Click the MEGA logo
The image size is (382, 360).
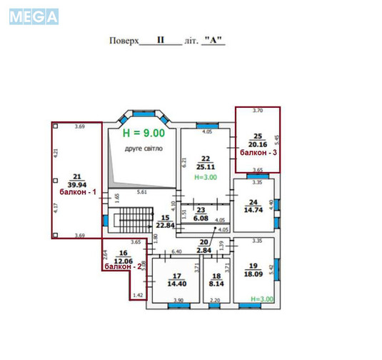[x=34, y=17]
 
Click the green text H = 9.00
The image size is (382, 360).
[x=144, y=133]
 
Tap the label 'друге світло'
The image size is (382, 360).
[x=144, y=149]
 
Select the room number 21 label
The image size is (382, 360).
[x=77, y=175]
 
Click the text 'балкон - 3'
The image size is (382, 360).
[x=258, y=153]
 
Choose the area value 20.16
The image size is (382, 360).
[x=258, y=144]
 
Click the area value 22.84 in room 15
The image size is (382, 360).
[x=166, y=226]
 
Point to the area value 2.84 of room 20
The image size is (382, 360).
[x=204, y=251]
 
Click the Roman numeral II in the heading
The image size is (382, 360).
[x=161, y=41]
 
